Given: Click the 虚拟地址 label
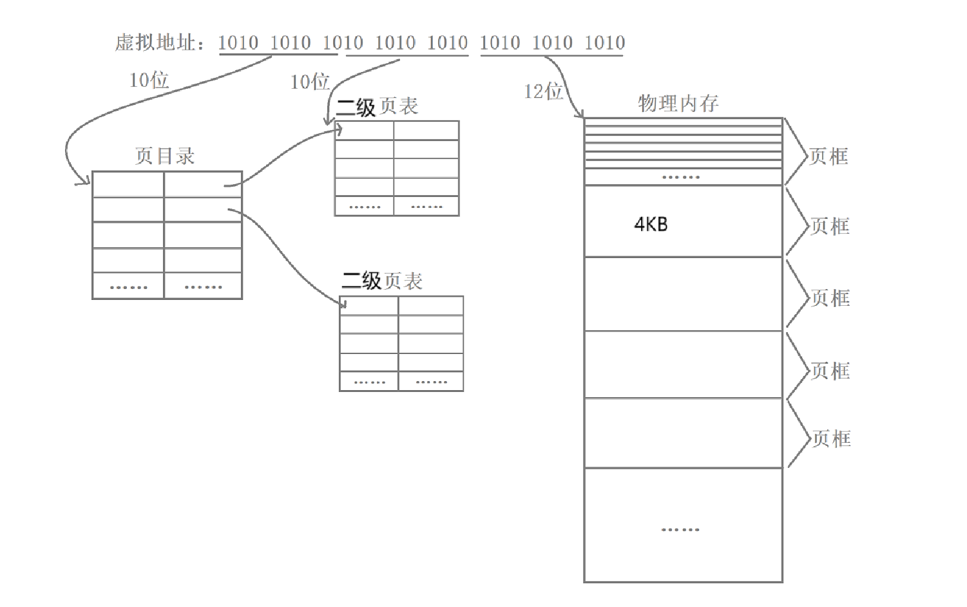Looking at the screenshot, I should (x=155, y=43).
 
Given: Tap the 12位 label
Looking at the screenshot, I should (x=543, y=91).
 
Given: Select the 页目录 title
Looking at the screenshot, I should (x=164, y=156).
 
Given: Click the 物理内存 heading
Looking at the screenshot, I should (x=678, y=103).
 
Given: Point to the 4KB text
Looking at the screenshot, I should (x=651, y=225).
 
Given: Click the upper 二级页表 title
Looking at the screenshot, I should (x=377, y=106).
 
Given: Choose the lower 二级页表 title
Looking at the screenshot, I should (x=381, y=281).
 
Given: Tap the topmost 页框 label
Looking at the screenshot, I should (x=828, y=156).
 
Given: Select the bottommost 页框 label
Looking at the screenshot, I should (x=831, y=439).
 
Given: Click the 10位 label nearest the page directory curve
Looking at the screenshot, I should (x=149, y=80).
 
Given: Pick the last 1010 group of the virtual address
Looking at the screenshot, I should (x=604, y=43).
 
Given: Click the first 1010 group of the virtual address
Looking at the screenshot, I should (x=238, y=43).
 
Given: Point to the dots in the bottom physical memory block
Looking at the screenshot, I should (x=680, y=530).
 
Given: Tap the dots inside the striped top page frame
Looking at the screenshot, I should (x=681, y=177).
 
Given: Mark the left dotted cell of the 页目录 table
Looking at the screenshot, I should (x=128, y=286).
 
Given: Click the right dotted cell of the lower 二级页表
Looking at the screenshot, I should (x=431, y=382).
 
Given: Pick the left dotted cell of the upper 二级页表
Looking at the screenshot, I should (x=364, y=207).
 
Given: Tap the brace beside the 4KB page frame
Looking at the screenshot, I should (x=797, y=222).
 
